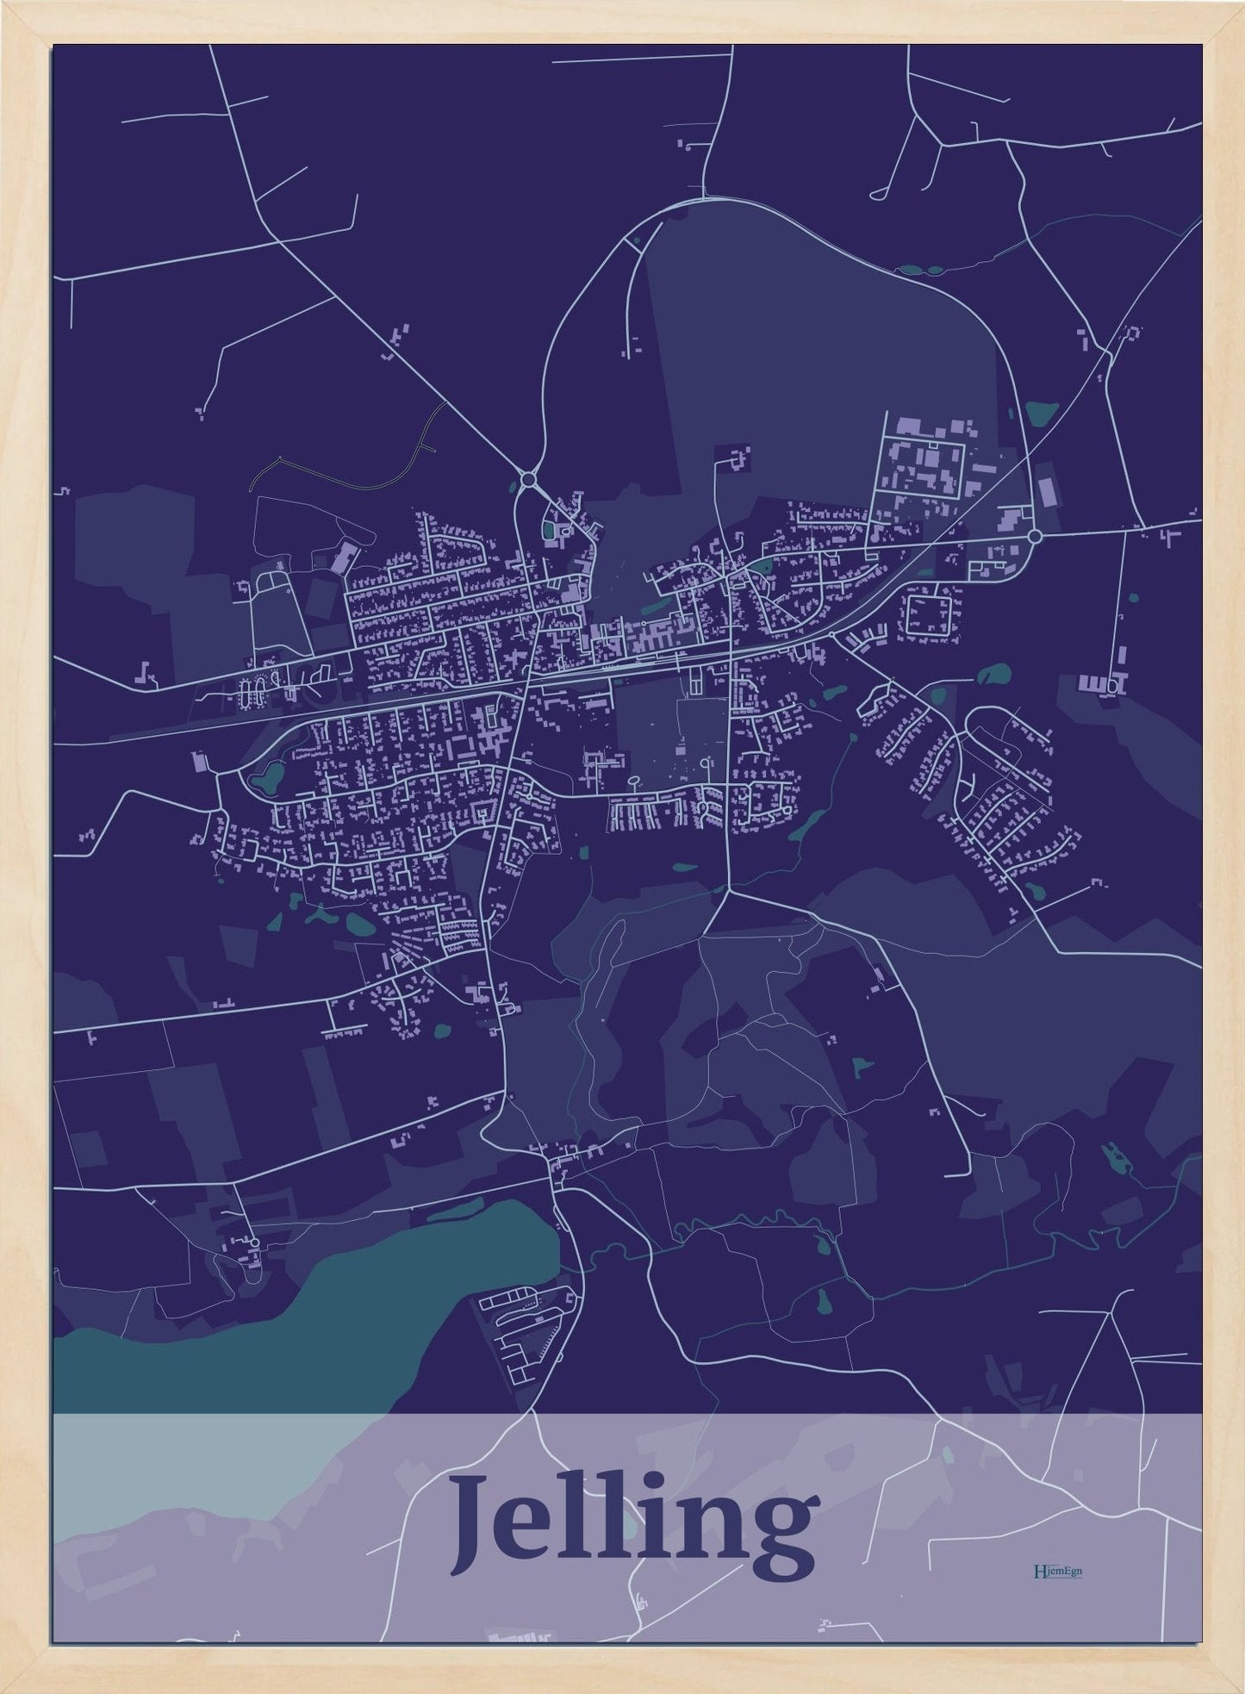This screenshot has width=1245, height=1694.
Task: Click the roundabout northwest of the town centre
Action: (528, 479)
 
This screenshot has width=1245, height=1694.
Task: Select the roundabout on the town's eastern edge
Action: (1035, 536)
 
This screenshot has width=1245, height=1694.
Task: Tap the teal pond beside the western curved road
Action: (266, 780)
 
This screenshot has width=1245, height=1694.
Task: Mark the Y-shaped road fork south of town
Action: (729, 892)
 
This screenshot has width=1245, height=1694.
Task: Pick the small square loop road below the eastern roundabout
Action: (928, 613)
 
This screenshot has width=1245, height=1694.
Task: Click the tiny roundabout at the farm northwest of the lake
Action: (253, 1241)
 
